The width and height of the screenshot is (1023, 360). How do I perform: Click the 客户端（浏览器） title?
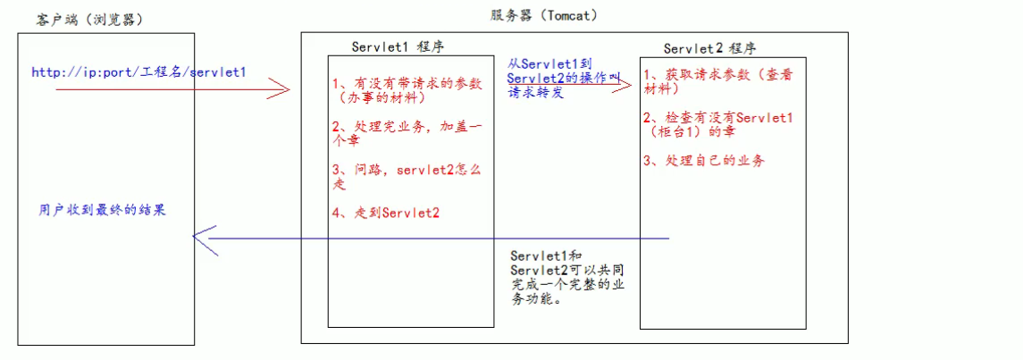[90, 20]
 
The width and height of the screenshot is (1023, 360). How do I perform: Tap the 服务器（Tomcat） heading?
[543, 16]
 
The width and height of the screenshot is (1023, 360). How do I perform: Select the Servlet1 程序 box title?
[397, 46]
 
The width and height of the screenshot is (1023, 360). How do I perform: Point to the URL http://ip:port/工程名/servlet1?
[138, 72]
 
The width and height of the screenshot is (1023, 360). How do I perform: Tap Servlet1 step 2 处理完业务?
[406, 135]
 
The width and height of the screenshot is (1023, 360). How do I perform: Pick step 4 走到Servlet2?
[385, 213]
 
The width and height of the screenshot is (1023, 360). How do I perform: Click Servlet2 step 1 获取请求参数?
[717, 82]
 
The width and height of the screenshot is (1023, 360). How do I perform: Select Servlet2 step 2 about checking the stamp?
[717, 124]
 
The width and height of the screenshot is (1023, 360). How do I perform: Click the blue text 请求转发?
[536, 93]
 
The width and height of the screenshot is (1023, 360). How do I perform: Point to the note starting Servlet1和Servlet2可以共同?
[558, 278]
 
